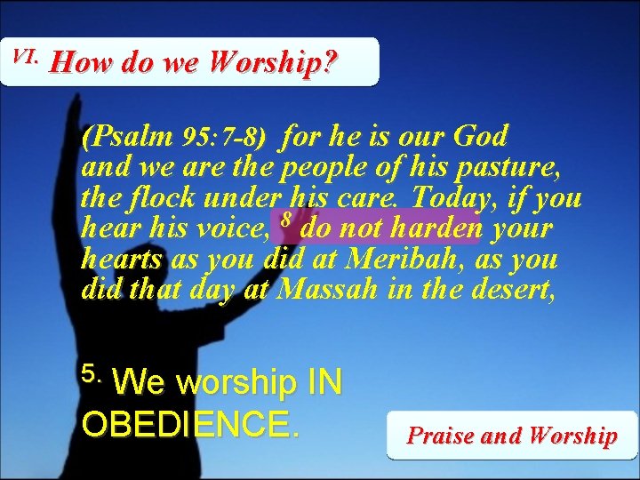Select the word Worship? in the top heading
pos(282,64)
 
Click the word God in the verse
pos(480,137)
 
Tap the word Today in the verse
pos(462,197)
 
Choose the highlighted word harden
pos(437,228)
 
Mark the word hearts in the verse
pos(121,260)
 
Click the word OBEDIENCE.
pos(191,423)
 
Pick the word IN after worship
pos(324,384)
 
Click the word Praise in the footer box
pos(439,436)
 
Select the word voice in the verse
pos(231,228)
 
